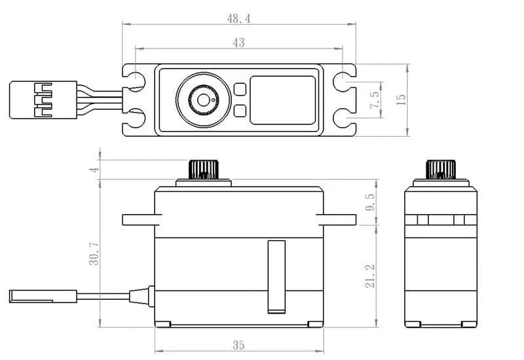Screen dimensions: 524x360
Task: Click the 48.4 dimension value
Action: pyautogui.click(x=238, y=19)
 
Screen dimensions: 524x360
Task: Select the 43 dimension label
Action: pyautogui.click(x=238, y=43)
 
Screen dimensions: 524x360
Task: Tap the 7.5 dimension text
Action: pyautogui.click(x=375, y=99)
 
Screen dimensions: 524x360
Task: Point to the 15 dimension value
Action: pyautogui.click(x=401, y=99)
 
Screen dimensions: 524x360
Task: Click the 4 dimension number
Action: pyautogui.click(x=95, y=170)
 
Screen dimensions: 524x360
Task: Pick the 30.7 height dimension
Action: pyautogui.click(x=94, y=253)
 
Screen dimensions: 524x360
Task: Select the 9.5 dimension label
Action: pyautogui.click(x=370, y=202)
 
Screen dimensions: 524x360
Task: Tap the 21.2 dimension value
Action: pyautogui.click(x=370, y=276)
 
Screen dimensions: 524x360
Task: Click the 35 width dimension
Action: pyautogui.click(x=238, y=345)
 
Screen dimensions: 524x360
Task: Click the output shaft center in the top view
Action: pyautogui.click(x=203, y=100)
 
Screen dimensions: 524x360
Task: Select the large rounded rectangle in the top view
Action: pyautogui.click(x=283, y=100)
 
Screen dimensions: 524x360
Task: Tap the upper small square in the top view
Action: pyautogui.click(x=240, y=89)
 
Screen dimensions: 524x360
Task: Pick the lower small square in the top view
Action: pyautogui.click(x=240, y=111)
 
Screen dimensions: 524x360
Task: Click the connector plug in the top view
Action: pyautogui.click(x=43, y=100)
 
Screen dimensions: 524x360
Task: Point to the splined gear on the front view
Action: pyautogui.click(x=204, y=170)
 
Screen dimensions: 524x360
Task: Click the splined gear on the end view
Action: pyautogui.click(x=441, y=170)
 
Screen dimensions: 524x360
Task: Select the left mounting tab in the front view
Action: pyautogui.click(x=142, y=220)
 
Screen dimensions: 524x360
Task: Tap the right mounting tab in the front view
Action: pyautogui.click(x=336, y=220)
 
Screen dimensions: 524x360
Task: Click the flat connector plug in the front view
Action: pyautogui.click(x=43, y=297)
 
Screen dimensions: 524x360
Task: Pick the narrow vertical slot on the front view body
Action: pyautogui.click(x=276, y=277)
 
